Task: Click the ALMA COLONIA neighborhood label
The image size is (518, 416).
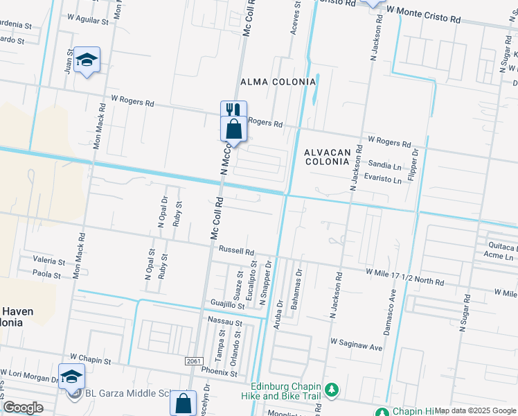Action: coord(278,82)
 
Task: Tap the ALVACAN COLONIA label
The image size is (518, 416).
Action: coord(325,156)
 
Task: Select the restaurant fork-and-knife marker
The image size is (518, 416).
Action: coord(233,110)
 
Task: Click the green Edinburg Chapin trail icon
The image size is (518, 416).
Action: coord(332,390)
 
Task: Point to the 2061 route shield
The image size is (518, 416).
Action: coord(195,361)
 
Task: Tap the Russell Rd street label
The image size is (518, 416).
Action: coord(237,251)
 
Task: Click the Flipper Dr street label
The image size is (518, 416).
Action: coord(415,162)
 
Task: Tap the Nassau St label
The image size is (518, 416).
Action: coord(225,322)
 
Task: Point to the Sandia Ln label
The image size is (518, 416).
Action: coord(384,166)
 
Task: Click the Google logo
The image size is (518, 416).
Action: coord(24,407)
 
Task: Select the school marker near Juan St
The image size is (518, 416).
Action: coord(87,60)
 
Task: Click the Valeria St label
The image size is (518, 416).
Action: coord(48,261)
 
